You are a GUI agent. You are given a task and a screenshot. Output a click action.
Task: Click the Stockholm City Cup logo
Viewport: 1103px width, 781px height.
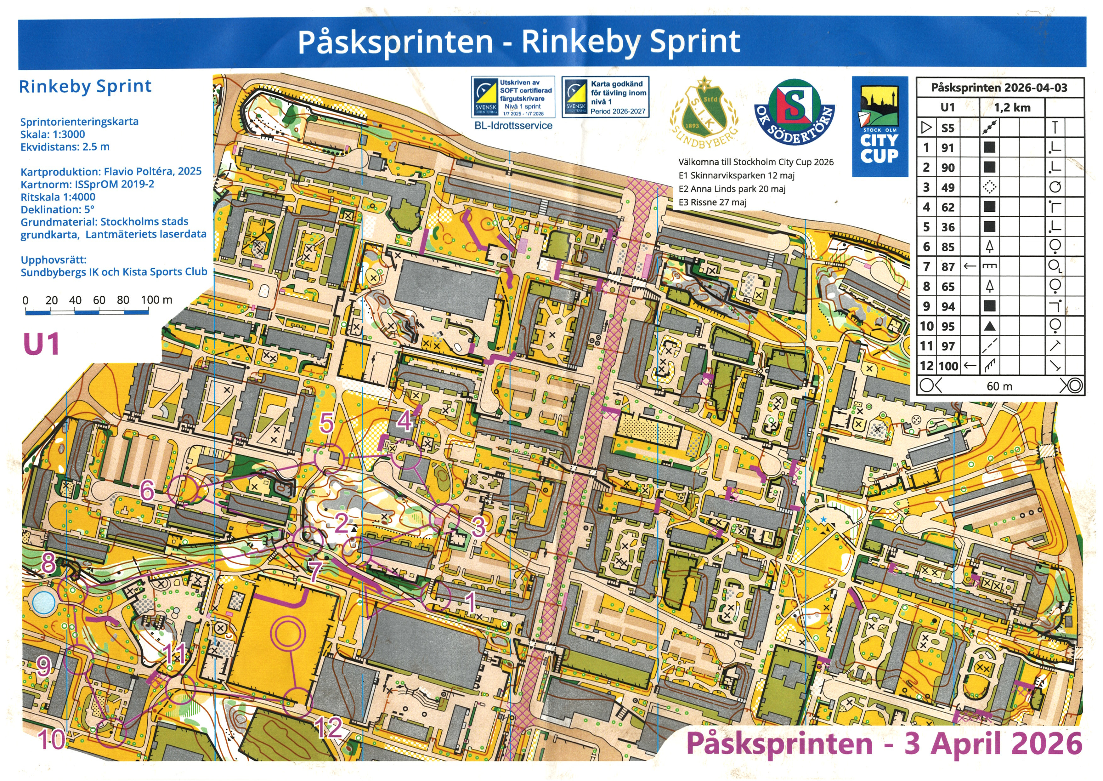[880, 126]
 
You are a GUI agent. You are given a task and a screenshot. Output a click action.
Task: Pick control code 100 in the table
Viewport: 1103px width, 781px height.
[948, 366]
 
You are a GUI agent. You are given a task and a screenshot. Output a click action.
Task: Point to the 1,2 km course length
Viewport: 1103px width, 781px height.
[1012, 107]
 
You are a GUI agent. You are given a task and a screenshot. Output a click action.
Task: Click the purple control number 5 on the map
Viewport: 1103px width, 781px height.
[327, 423]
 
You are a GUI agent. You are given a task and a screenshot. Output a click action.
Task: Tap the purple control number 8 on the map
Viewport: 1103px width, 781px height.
[48, 563]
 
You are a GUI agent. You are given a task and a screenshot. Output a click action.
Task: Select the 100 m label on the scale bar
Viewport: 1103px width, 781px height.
[157, 299]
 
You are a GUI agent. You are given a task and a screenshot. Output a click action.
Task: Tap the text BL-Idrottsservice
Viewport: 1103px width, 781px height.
[513, 126]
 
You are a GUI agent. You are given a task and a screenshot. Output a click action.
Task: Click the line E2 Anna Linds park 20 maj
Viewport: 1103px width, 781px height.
[732, 189]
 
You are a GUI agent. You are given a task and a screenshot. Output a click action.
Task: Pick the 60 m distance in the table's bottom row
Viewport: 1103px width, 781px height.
[999, 386]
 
